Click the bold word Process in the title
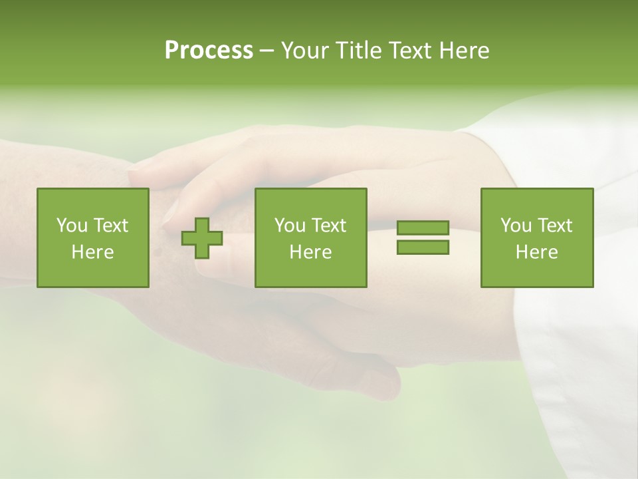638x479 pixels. tap(209, 51)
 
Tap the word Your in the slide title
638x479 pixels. tap(305, 51)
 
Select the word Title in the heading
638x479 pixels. tap(358, 51)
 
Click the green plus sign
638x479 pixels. tap(202, 238)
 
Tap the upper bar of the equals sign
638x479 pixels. tap(423, 228)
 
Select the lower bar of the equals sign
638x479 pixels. tap(423, 247)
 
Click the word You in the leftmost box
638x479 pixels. tap(71, 226)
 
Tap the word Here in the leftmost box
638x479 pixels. tap(92, 252)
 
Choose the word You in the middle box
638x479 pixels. tap(290, 226)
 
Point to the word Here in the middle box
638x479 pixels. tap(310, 252)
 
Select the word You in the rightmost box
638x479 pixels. tap(516, 226)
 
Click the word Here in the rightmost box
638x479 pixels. tap(536, 252)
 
